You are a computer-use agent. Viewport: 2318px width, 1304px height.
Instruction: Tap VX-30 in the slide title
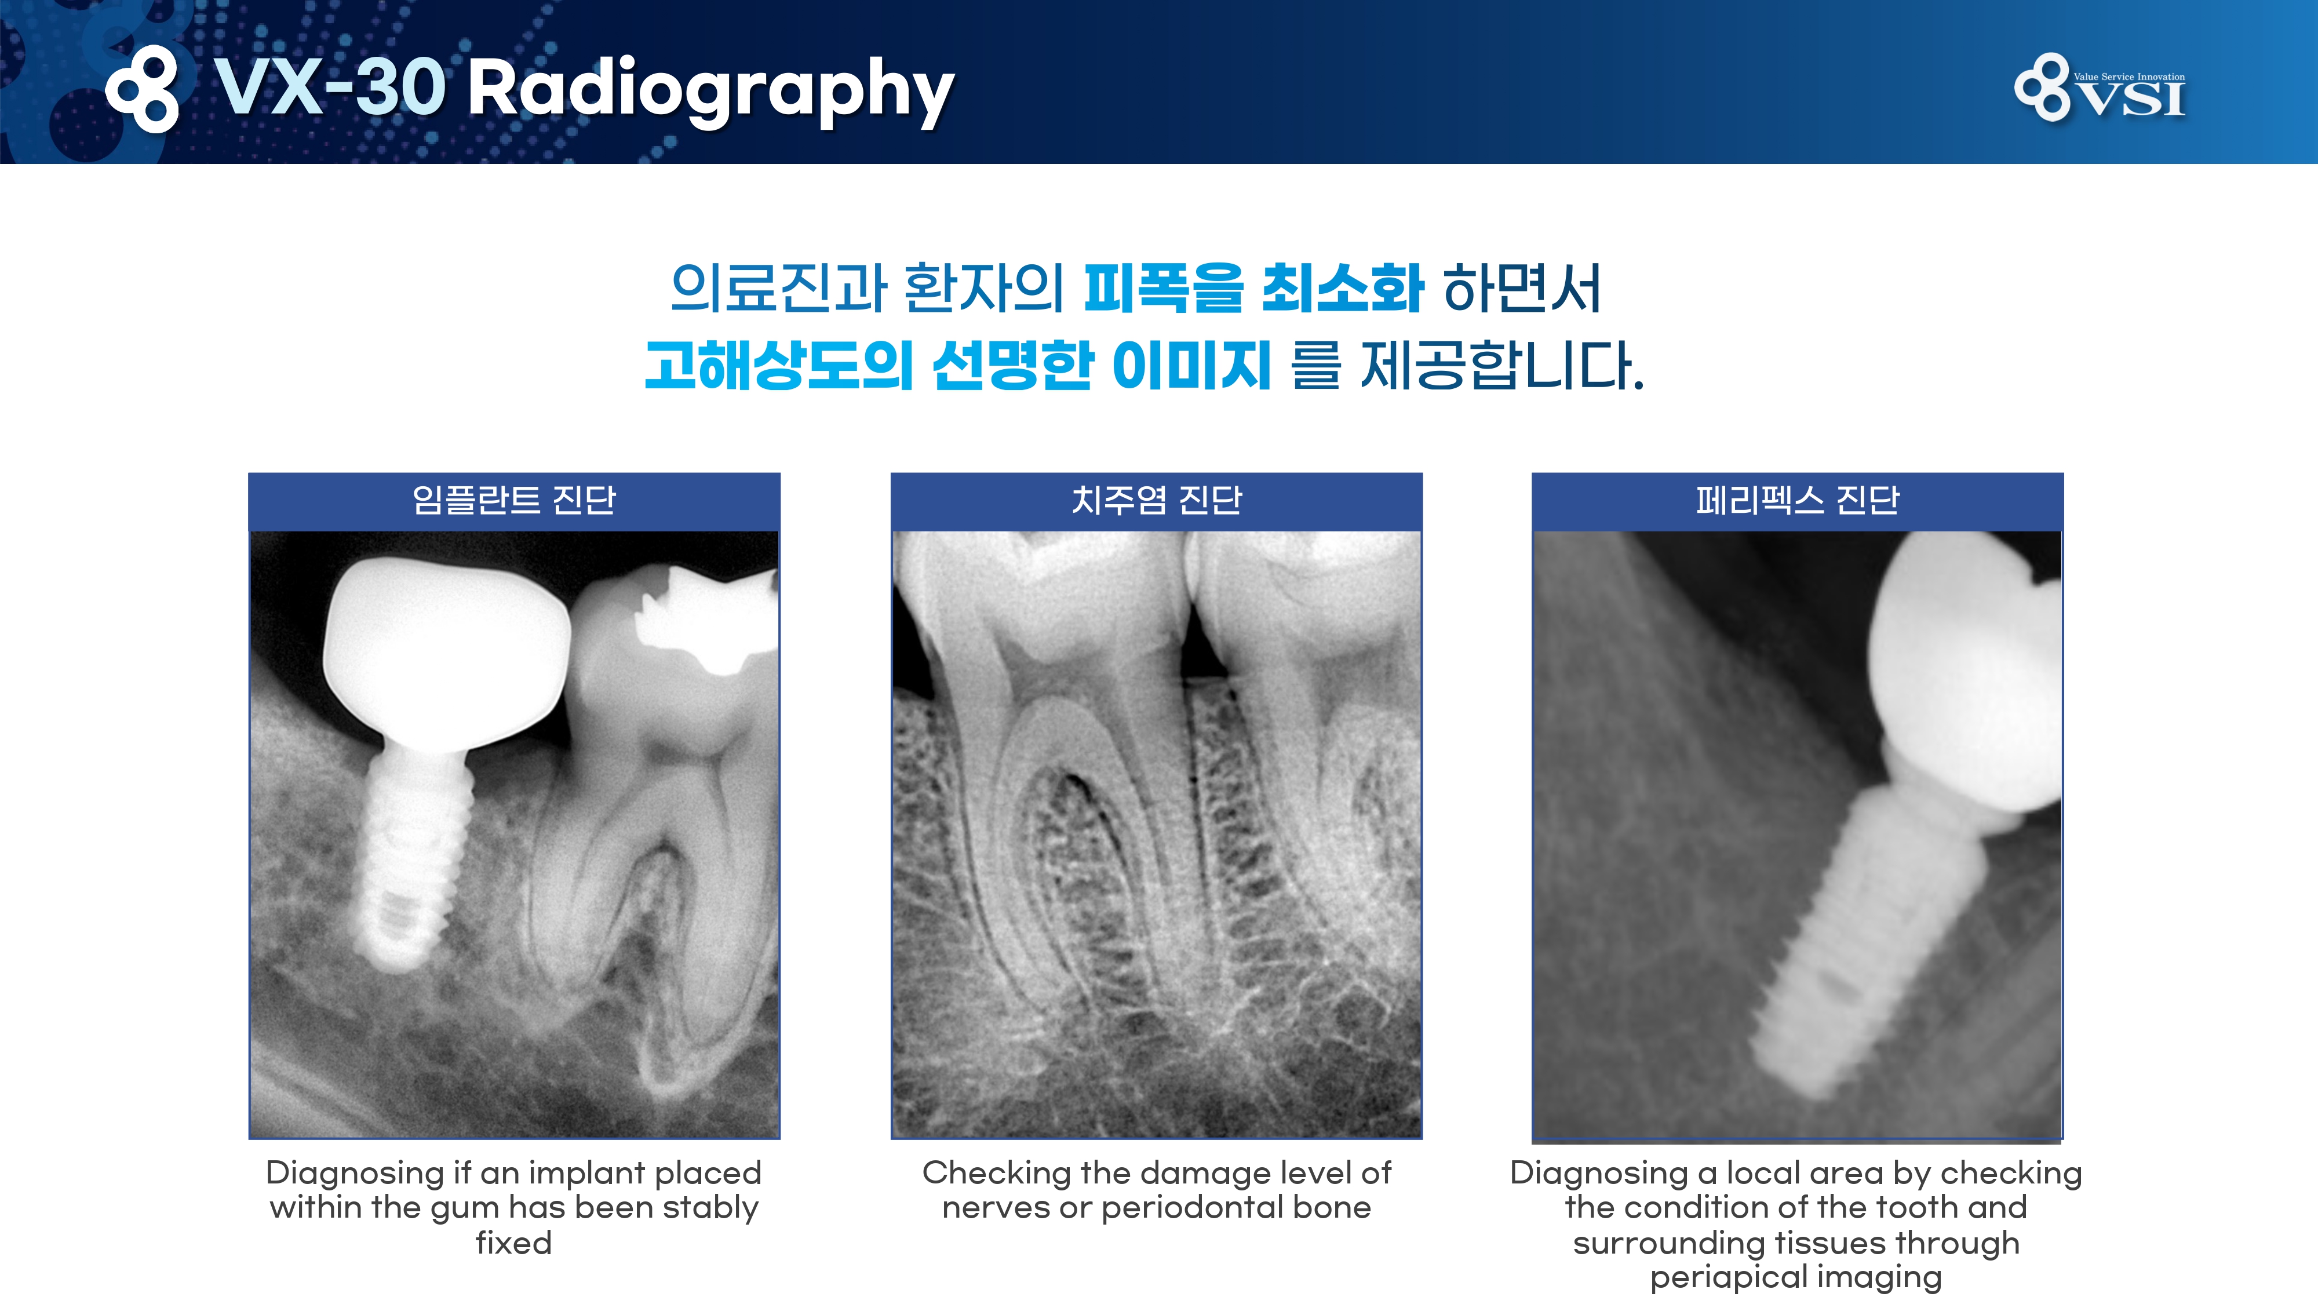pos(330,88)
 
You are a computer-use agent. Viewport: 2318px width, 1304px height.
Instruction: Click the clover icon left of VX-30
pos(142,88)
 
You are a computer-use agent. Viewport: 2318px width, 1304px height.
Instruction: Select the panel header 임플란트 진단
pos(514,500)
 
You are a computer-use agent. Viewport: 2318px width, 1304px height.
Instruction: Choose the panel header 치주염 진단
pos(1156,500)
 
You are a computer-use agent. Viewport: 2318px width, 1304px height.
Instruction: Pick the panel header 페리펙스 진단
pos(1797,500)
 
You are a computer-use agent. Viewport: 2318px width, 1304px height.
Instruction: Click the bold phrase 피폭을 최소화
pos(1253,289)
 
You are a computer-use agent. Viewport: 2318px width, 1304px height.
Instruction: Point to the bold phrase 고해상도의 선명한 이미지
pos(958,365)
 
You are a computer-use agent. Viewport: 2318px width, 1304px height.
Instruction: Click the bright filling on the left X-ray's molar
pos(702,621)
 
